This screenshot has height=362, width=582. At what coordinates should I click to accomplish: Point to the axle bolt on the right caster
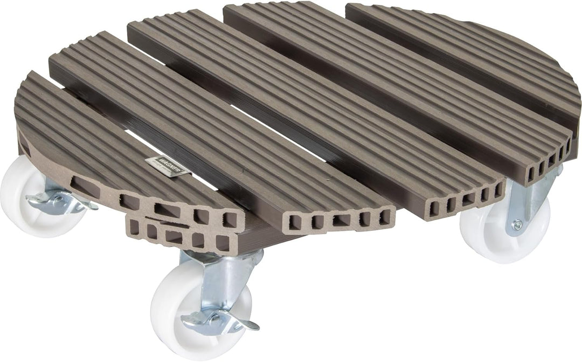[x=517, y=224]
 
